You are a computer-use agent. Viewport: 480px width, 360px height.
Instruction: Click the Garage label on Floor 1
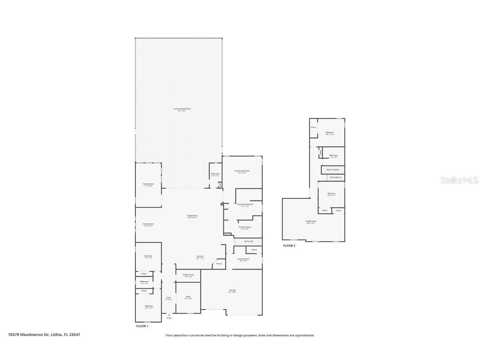click(232, 290)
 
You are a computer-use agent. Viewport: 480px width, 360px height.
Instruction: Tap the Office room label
click(188, 297)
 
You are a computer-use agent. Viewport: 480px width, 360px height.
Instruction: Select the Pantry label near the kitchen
click(219, 264)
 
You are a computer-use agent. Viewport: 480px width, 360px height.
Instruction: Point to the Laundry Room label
click(244, 259)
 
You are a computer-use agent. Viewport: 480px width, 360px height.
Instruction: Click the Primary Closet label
click(245, 227)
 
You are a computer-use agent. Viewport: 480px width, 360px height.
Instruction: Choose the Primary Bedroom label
click(242, 171)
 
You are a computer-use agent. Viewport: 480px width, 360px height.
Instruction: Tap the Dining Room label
click(148, 224)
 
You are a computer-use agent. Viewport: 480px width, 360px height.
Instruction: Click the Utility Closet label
click(188, 275)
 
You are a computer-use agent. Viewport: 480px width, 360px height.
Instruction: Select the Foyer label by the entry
click(168, 298)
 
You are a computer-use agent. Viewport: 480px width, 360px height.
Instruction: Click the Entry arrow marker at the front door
click(169, 315)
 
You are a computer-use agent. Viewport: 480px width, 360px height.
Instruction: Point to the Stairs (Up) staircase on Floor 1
click(248, 241)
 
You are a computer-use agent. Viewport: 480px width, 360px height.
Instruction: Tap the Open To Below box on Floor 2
click(332, 170)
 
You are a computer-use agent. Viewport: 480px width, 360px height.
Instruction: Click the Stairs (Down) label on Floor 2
click(335, 177)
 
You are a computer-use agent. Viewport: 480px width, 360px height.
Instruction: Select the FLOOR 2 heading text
click(289, 246)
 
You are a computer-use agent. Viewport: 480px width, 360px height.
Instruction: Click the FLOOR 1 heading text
click(142, 326)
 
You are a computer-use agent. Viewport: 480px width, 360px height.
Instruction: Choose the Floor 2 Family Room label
click(311, 222)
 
